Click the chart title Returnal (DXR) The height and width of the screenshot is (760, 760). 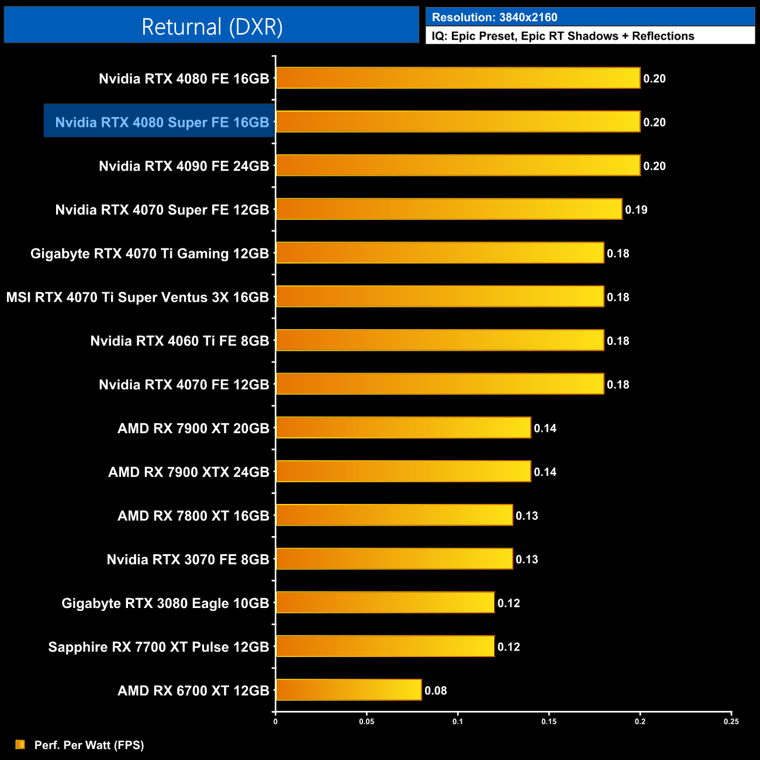pos(212,26)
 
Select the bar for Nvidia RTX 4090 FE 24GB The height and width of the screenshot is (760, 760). pos(458,165)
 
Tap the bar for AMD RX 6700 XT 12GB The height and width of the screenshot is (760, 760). pos(348,690)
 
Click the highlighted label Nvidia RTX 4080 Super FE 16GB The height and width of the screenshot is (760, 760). pos(162,122)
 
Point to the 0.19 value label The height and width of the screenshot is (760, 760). pos(636,210)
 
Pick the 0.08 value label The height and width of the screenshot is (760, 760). pos(436,690)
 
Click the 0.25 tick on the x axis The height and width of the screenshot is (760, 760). pos(731,721)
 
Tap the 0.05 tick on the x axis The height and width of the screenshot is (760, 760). pos(367,721)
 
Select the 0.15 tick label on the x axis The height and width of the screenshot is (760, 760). pos(549,721)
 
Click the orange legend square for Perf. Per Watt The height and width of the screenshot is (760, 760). pos(20,744)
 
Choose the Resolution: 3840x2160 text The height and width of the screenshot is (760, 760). pos(495,18)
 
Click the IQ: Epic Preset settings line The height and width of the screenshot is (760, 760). pos(562,36)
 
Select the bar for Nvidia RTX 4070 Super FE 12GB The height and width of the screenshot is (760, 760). pos(449,209)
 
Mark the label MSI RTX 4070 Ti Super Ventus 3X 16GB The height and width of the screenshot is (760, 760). pos(137,297)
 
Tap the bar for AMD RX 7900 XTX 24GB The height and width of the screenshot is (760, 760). pos(403,471)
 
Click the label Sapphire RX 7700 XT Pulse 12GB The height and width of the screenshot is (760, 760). pos(158,647)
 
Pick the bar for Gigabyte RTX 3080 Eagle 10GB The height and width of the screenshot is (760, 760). pos(385,603)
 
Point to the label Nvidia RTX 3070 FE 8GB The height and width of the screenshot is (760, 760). pos(188,559)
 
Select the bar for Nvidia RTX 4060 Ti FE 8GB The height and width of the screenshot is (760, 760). pos(440,340)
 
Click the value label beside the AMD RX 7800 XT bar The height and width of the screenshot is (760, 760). pos(526,516)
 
